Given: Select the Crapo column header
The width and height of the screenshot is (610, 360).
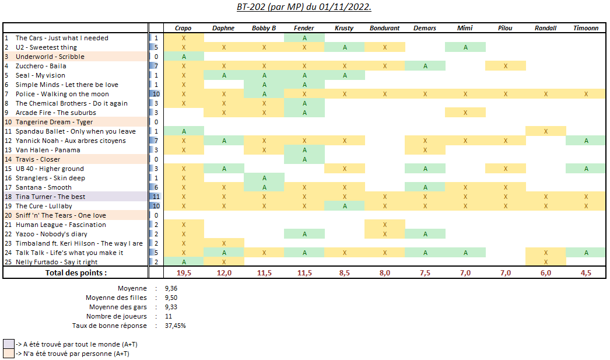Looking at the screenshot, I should click(x=184, y=28).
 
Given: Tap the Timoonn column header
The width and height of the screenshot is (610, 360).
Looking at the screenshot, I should click(x=586, y=28).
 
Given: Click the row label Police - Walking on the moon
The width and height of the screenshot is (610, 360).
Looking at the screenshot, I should click(x=62, y=94).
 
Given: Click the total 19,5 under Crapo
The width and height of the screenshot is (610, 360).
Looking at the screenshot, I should click(x=184, y=272).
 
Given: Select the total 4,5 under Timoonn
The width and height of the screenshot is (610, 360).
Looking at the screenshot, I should click(x=586, y=272).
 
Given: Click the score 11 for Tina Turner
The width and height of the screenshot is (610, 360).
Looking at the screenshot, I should click(x=156, y=197).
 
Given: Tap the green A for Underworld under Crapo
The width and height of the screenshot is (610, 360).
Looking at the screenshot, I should click(x=184, y=57).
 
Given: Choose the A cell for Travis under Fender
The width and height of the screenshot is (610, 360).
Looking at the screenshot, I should click(x=304, y=159).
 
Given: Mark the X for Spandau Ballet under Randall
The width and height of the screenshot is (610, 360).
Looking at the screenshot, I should click(x=545, y=131).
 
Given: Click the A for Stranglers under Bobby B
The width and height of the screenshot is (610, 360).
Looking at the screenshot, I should click(x=264, y=178).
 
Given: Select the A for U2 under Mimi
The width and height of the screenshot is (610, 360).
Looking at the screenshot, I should click(x=465, y=47).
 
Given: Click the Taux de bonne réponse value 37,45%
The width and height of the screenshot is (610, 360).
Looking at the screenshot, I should click(x=176, y=326).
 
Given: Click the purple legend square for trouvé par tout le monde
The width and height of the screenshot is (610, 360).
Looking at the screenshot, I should click(x=9, y=344).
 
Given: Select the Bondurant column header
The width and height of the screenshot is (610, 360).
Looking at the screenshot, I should click(x=385, y=28).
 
